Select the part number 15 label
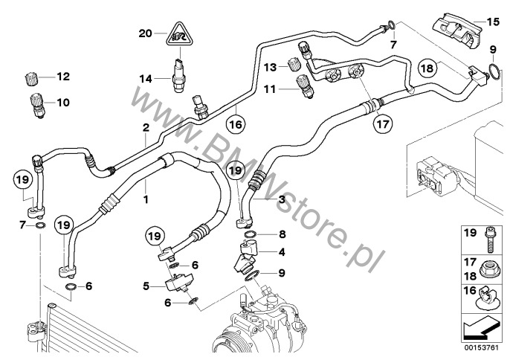[493, 22]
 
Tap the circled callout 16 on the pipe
[236, 124]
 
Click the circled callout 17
[383, 123]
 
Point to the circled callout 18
[427, 68]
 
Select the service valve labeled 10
[38, 106]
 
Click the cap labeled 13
[294, 64]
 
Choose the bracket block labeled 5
[179, 283]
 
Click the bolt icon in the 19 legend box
[489, 240]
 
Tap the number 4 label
[282, 252]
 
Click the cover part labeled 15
[457, 30]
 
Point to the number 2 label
[146, 127]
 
